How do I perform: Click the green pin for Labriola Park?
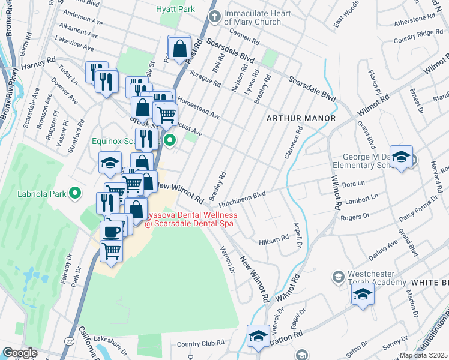pos(75,193)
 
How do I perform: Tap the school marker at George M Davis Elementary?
pos(401,157)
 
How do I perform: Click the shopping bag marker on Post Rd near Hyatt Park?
pos(179,49)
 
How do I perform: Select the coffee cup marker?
pos(112,232)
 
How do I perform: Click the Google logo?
pos(20,352)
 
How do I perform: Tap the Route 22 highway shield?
pos(70,341)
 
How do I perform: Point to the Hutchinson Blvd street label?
pos(242,194)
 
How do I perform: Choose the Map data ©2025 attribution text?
pos(423,355)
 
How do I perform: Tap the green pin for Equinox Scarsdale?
pos(170,142)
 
